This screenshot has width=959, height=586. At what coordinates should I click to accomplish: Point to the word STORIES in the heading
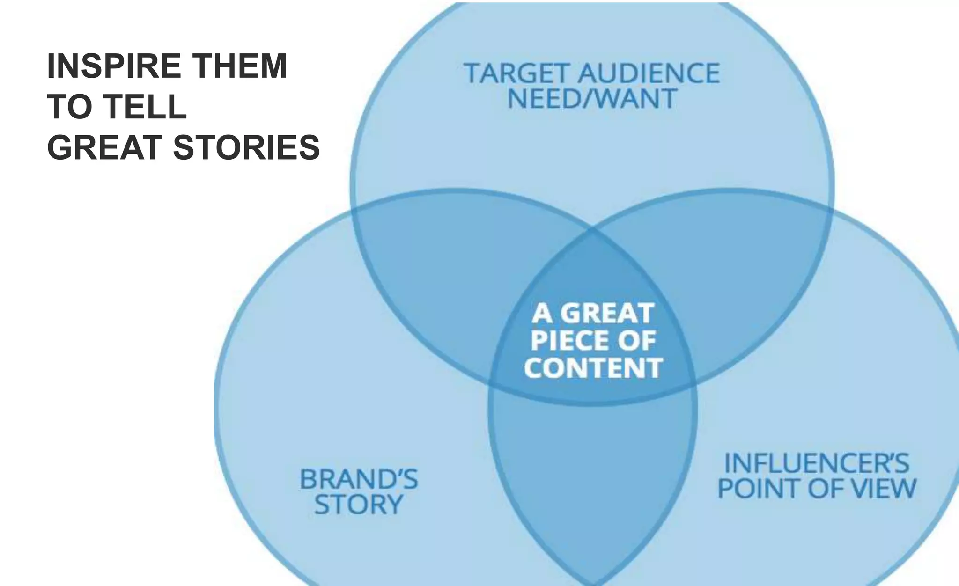pyautogui.click(x=246, y=147)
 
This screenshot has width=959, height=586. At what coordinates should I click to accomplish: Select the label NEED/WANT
pyautogui.click(x=592, y=99)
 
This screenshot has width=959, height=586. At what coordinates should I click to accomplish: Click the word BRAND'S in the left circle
pyautogui.click(x=358, y=479)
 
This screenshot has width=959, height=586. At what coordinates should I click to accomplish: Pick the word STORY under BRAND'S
pyautogui.click(x=358, y=505)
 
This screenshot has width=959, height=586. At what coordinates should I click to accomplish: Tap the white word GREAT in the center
pyautogui.click(x=607, y=313)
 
